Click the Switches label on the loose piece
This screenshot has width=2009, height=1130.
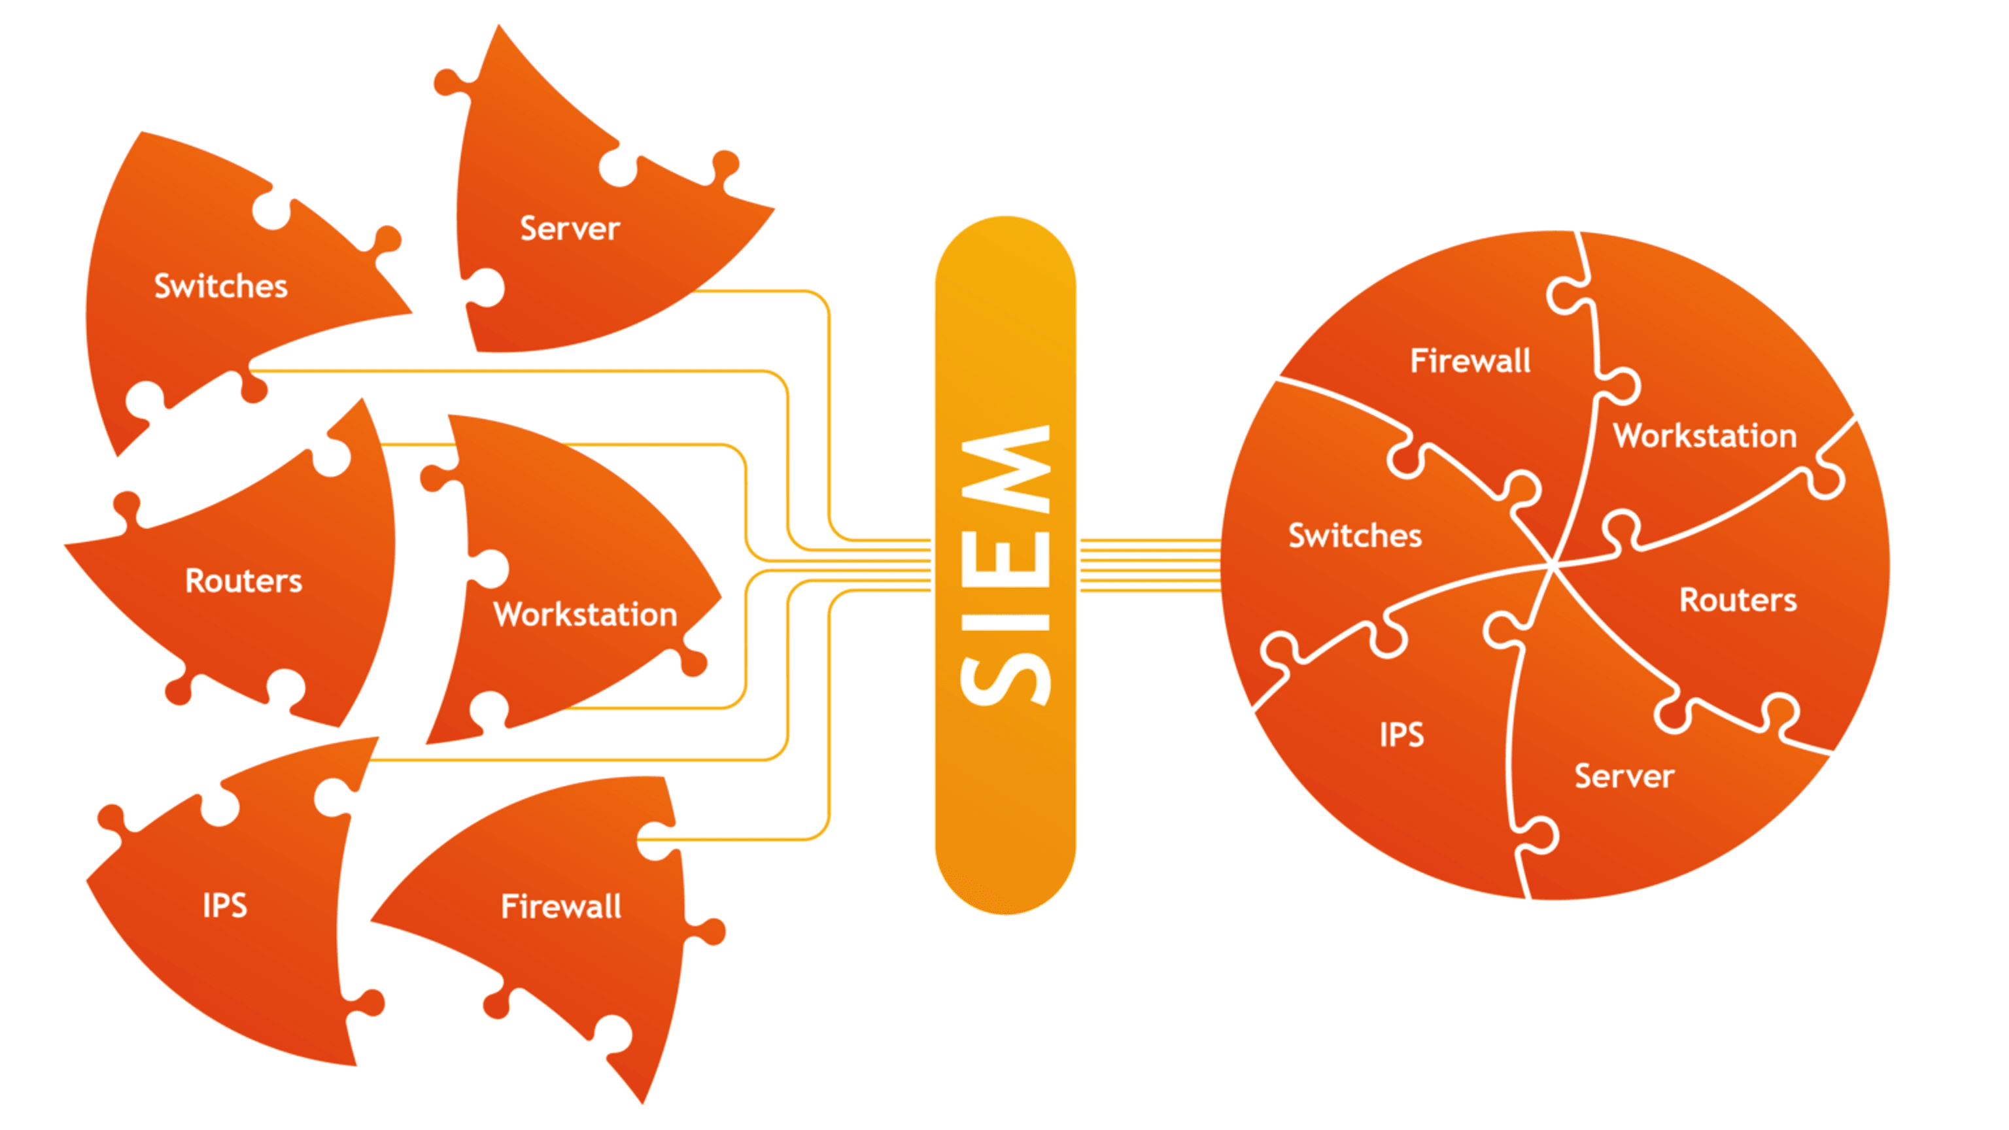click(220, 286)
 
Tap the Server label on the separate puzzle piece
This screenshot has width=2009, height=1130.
click(570, 228)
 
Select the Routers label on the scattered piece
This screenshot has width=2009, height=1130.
click(243, 581)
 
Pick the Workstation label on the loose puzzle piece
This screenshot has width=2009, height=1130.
click(585, 615)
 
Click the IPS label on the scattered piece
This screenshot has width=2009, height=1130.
click(224, 906)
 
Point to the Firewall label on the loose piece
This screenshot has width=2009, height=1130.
click(560, 906)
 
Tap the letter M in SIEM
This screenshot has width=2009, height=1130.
click(1006, 468)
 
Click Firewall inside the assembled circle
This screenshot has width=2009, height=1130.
click(1470, 361)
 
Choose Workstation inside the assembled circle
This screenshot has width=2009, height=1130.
click(1705, 436)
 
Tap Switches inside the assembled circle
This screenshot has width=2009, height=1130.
click(1354, 536)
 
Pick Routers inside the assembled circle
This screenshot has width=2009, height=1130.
click(1738, 600)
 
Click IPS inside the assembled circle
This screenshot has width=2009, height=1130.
click(1401, 734)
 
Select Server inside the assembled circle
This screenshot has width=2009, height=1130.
click(1624, 777)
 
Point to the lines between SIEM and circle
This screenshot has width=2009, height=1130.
click(1150, 564)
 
